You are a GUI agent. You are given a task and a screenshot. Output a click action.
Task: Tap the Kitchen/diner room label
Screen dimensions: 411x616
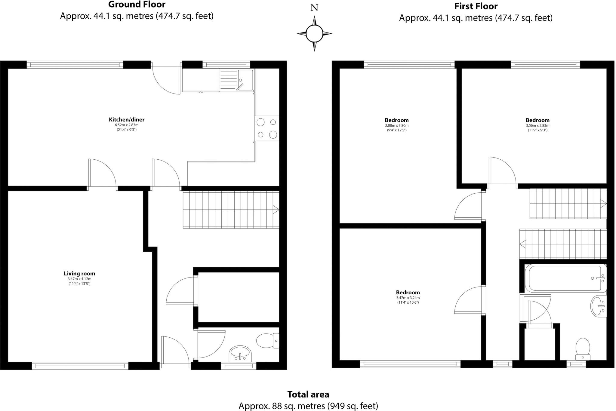click(127, 120)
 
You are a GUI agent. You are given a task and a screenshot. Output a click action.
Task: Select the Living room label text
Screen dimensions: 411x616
click(79, 274)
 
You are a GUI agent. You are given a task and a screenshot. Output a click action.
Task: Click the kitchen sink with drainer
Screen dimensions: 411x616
click(237, 80)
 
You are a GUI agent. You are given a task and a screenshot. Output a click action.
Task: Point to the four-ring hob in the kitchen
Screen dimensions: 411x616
click(266, 128)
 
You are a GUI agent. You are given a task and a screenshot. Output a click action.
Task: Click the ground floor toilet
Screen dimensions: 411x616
click(267, 341)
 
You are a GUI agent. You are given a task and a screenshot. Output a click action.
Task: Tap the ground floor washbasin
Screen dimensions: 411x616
click(240, 353)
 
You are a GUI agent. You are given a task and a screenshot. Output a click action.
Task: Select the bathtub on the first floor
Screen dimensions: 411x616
click(565, 278)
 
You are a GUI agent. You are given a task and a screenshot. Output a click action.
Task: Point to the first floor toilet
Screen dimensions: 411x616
click(583, 349)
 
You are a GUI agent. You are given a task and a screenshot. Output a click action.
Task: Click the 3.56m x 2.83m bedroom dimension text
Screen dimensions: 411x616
click(537, 126)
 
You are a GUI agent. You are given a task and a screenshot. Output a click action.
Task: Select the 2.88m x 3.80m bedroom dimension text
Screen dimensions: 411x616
click(397, 126)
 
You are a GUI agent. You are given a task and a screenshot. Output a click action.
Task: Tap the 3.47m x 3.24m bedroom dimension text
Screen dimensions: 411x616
click(408, 298)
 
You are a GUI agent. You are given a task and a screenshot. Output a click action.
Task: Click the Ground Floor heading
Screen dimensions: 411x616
click(137, 5)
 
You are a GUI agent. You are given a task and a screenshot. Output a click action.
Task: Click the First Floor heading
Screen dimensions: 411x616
click(476, 6)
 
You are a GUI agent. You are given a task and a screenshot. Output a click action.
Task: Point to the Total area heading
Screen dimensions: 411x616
click(308, 394)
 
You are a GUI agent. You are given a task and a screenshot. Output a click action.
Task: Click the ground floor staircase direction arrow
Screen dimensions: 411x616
click(276, 209)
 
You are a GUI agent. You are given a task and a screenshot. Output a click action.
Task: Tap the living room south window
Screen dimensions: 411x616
click(80, 366)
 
